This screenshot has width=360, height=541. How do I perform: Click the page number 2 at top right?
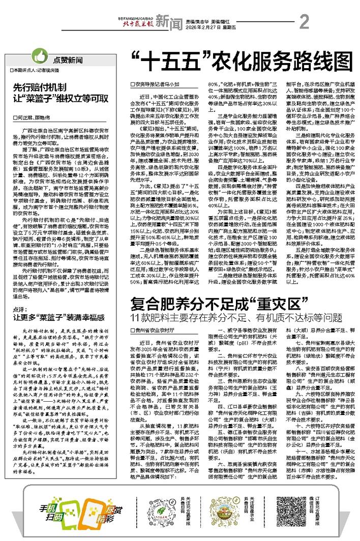tap(305, 22)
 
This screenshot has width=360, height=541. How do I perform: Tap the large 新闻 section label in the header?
tap(168, 21)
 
